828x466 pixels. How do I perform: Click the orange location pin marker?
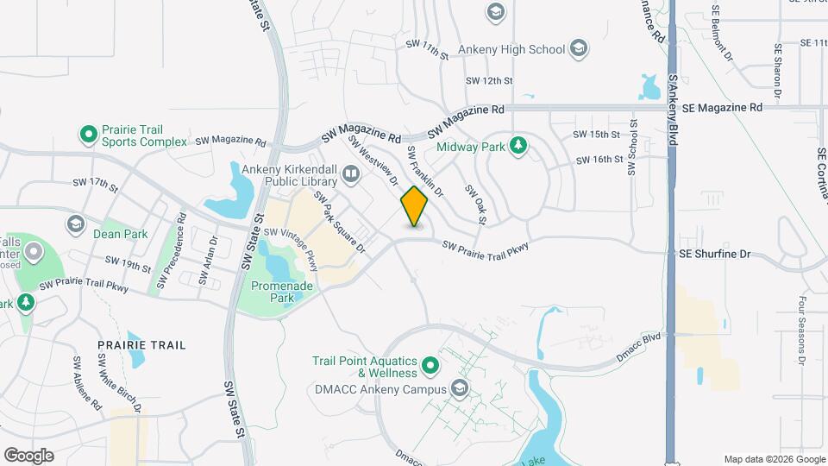coord(414,206)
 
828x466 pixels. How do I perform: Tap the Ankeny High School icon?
coord(580,49)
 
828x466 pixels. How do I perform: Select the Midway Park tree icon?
coord(518,146)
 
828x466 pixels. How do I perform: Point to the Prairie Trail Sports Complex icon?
coord(88,135)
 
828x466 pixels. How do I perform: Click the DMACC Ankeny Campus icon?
coord(459,388)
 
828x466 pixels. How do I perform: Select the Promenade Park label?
coord(273,292)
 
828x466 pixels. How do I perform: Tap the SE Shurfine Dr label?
coord(715,255)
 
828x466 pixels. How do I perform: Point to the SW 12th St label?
coord(489,80)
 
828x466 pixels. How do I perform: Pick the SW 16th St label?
coord(599,160)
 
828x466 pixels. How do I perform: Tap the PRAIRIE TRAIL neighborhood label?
coord(141,345)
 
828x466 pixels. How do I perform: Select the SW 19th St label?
coord(128,260)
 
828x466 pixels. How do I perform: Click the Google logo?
coord(28,456)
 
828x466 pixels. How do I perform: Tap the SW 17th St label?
coord(95,183)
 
